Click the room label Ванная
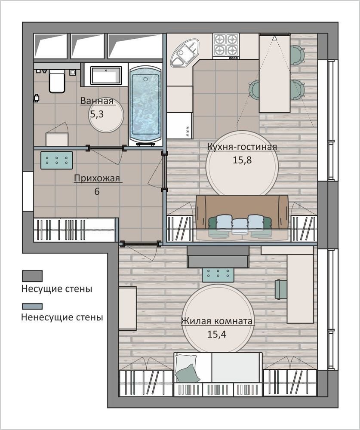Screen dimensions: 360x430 point(97,101)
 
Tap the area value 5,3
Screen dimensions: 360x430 point(97,114)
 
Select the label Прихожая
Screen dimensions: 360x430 point(97,178)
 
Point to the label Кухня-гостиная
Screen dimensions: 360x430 point(242,147)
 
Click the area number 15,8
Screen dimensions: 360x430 point(242,160)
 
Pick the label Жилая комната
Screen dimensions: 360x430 point(216,321)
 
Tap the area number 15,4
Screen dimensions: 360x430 point(216,334)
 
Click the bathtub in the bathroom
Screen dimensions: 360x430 point(145,105)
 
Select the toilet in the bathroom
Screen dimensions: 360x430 point(57,81)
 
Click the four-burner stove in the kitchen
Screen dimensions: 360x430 point(226,46)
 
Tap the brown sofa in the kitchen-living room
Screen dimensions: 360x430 point(242,217)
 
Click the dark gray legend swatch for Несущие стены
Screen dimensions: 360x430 point(32,276)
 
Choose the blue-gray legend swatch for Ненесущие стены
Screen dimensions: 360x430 point(32,306)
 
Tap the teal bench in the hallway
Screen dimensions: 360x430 point(56,160)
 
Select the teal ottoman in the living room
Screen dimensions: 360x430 point(218,275)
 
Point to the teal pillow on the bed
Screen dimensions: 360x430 point(188,373)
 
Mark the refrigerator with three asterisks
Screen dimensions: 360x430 point(179,125)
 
